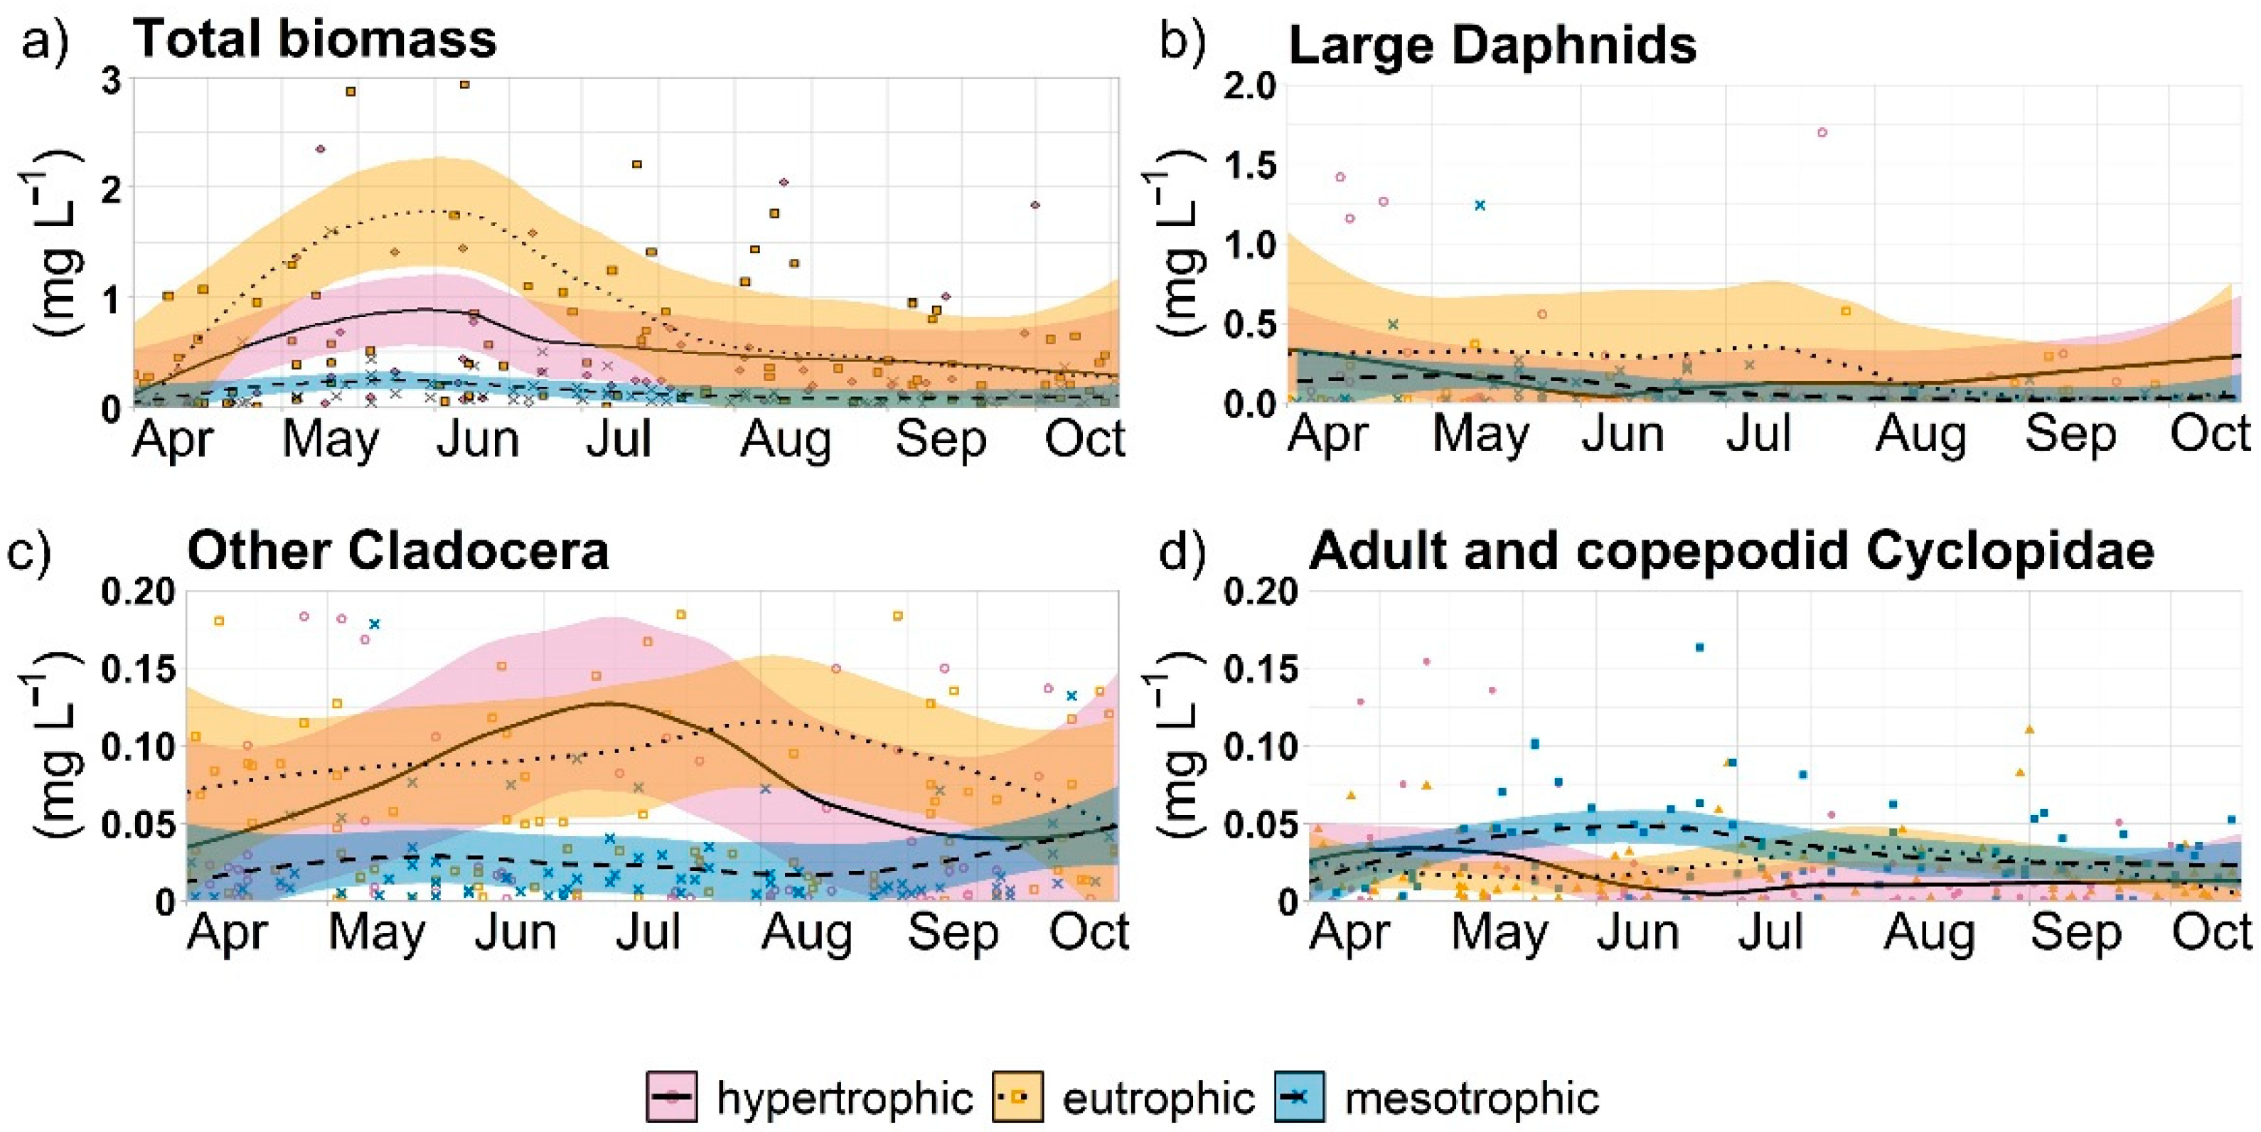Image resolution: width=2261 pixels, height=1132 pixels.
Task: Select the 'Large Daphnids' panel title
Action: (x=1492, y=46)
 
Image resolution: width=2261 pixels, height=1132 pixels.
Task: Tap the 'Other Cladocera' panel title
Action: (x=397, y=551)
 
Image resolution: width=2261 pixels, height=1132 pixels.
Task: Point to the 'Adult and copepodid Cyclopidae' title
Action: (x=1732, y=552)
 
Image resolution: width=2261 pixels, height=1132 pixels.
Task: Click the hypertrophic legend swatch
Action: (x=673, y=1097)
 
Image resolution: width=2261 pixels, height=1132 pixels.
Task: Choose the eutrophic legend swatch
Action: (x=1018, y=1097)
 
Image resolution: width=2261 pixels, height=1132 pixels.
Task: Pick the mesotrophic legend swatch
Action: (x=1300, y=1097)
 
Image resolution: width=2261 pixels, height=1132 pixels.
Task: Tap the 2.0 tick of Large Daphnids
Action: (x=1251, y=86)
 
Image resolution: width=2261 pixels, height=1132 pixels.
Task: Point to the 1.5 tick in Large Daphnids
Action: (x=1251, y=165)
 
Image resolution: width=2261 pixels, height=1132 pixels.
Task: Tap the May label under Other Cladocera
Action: (x=377, y=932)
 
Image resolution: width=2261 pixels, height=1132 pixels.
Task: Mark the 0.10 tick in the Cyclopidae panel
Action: (x=1263, y=747)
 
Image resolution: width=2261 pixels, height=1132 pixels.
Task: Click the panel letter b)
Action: (x=1183, y=41)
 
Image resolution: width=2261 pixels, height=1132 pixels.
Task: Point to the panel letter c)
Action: (x=29, y=552)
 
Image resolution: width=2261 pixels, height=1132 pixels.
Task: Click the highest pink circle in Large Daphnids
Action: (x=1822, y=132)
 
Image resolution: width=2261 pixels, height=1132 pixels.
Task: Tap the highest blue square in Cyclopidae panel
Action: (x=1699, y=648)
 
